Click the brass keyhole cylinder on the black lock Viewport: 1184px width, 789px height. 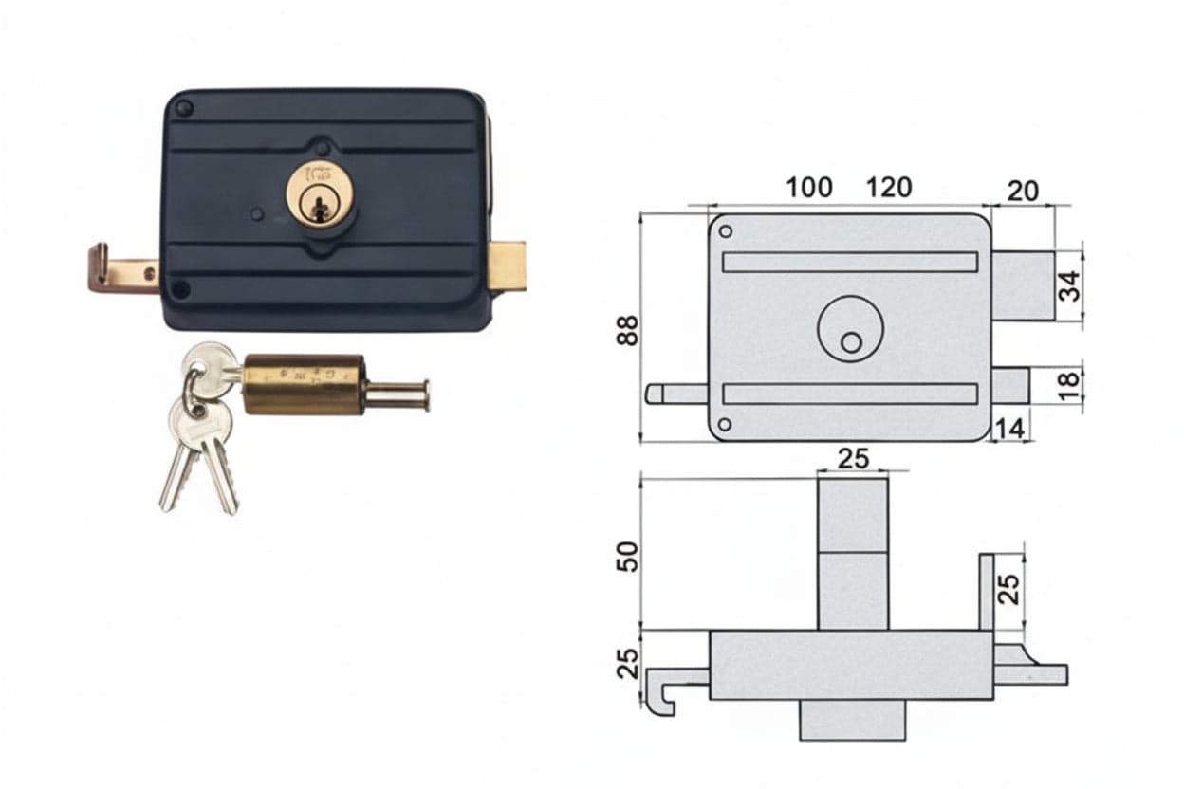(321, 194)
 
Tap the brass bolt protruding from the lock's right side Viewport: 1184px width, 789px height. (507, 266)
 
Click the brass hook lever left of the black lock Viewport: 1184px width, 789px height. (123, 270)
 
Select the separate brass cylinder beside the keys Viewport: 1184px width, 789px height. (304, 385)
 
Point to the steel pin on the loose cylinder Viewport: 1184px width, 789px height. (397, 395)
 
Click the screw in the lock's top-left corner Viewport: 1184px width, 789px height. (184, 109)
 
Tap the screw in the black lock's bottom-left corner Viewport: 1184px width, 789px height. (181, 289)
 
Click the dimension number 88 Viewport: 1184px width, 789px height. (627, 330)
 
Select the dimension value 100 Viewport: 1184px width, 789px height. (808, 188)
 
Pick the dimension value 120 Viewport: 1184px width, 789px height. (889, 188)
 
